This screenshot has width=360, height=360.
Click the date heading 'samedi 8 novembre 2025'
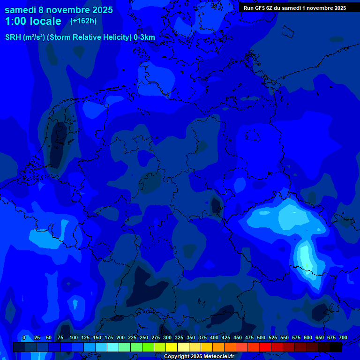pyautogui.click(x=59, y=10)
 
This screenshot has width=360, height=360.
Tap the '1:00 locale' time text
pyautogui.click(x=33, y=21)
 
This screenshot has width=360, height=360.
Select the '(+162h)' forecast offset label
pyautogui.click(x=83, y=21)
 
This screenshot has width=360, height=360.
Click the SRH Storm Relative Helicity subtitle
pyautogui.click(x=80, y=37)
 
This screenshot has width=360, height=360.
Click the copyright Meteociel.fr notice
pyautogui.click(x=199, y=356)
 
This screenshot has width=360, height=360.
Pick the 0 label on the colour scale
pyautogui.click(x=24, y=337)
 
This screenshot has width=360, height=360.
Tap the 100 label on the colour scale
pyautogui.click(x=74, y=337)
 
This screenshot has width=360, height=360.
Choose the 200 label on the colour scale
pyautogui.click(x=120, y=337)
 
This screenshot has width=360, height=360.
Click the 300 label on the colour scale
pyautogui.click(x=167, y=337)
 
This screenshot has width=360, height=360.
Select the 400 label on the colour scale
pyautogui.click(x=214, y=337)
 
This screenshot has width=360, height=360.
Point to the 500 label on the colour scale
pyautogui.click(x=261, y=337)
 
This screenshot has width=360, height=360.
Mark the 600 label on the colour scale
pyautogui.click(x=308, y=337)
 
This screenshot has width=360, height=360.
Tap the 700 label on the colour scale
pyautogui.click(x=343, y=337)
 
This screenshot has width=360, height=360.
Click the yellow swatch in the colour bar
pyautogui.click(x=172, y=347)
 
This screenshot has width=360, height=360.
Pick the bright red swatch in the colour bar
pyautogui.click(x=265, y=347)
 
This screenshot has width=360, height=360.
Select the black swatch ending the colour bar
pyautogui.click(x=336, y=347)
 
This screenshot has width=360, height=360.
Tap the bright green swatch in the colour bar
pyautogui.click(x=148, y=347)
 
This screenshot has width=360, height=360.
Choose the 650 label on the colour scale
pyautogui.click(x=320, y=337)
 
